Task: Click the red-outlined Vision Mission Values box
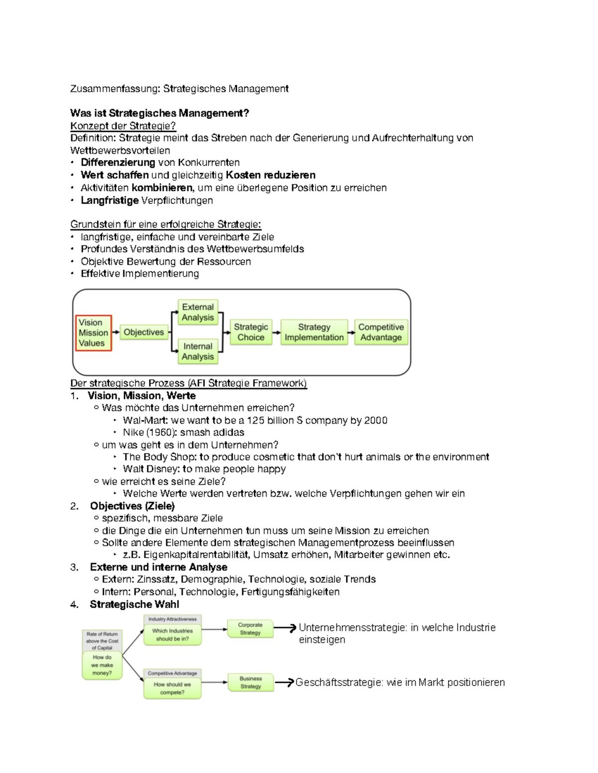[x=93, y=333]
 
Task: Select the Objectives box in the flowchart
[x=144, y=332]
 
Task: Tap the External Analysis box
[x=198, y=313]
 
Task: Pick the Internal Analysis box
[x=198, y=351]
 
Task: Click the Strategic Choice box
[x=251, y=332]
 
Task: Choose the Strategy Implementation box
[x=314, y=332]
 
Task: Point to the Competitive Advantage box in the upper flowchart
[x=381, y=332]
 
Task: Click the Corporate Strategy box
[x=250, y=629]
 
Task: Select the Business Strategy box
[x=251, y=682]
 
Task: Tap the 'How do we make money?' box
[x=102, y=665]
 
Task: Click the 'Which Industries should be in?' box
[x=172, y=635]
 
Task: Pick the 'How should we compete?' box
[x=172, y=688]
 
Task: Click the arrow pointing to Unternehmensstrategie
[x=286, y=629]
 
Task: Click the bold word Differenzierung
[x=118, y=163]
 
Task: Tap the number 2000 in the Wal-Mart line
[x=375, y=421]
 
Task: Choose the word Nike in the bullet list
[x=133, y=433]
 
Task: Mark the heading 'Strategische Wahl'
[x=134, y=604]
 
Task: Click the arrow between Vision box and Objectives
[x=116, y=332]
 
